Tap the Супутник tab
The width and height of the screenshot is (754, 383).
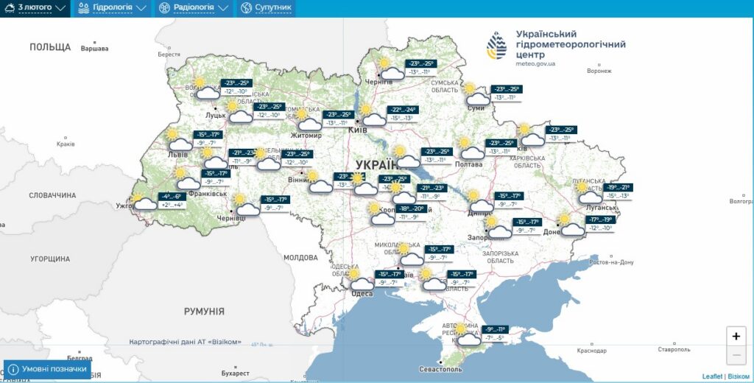[x=265, y=8]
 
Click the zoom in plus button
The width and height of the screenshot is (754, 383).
[x=736, y=336]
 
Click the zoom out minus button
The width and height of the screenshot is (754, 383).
[x=736, y=356]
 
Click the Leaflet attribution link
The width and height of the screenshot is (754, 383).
[x=712, y=376]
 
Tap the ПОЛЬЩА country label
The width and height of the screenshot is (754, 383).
[x=50, y=47]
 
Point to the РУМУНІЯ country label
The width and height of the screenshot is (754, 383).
[x=204, y=312]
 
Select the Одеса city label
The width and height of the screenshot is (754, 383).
[x=362, y=293]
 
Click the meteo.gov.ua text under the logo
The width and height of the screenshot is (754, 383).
[x=535, y=64]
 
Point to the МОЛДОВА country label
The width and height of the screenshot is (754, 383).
[x=300, y=258]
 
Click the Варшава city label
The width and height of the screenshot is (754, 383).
[x=94, y=49]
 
